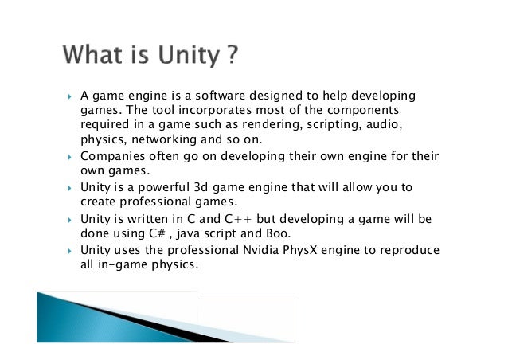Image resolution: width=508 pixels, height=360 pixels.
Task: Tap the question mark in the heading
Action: [x=230, y=57]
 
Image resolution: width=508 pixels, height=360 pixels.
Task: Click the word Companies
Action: [x=111, y=155]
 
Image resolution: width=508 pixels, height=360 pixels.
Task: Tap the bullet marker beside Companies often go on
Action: [x=69, y=156]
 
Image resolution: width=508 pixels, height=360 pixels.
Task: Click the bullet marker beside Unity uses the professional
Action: [x=69, y=251]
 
